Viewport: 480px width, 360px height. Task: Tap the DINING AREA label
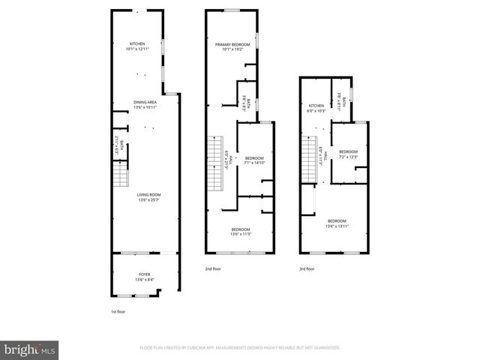[x=145, y=102]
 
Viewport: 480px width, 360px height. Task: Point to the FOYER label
[x=144, y=275]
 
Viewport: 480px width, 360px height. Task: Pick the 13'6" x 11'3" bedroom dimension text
[x=240, y=234]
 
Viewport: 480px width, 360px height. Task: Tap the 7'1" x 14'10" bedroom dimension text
[x=254, y=163]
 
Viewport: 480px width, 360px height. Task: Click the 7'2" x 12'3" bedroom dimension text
[x=348, y=157]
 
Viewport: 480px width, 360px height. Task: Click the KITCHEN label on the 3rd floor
[x=316, y=106]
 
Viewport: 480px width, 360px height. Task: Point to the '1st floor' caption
[x=118, y=310]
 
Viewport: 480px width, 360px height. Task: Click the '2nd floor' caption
[x=213, y=268]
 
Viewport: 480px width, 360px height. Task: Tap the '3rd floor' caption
[x=306, y=268]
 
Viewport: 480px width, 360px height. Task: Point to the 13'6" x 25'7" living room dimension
[x=149, y=200]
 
